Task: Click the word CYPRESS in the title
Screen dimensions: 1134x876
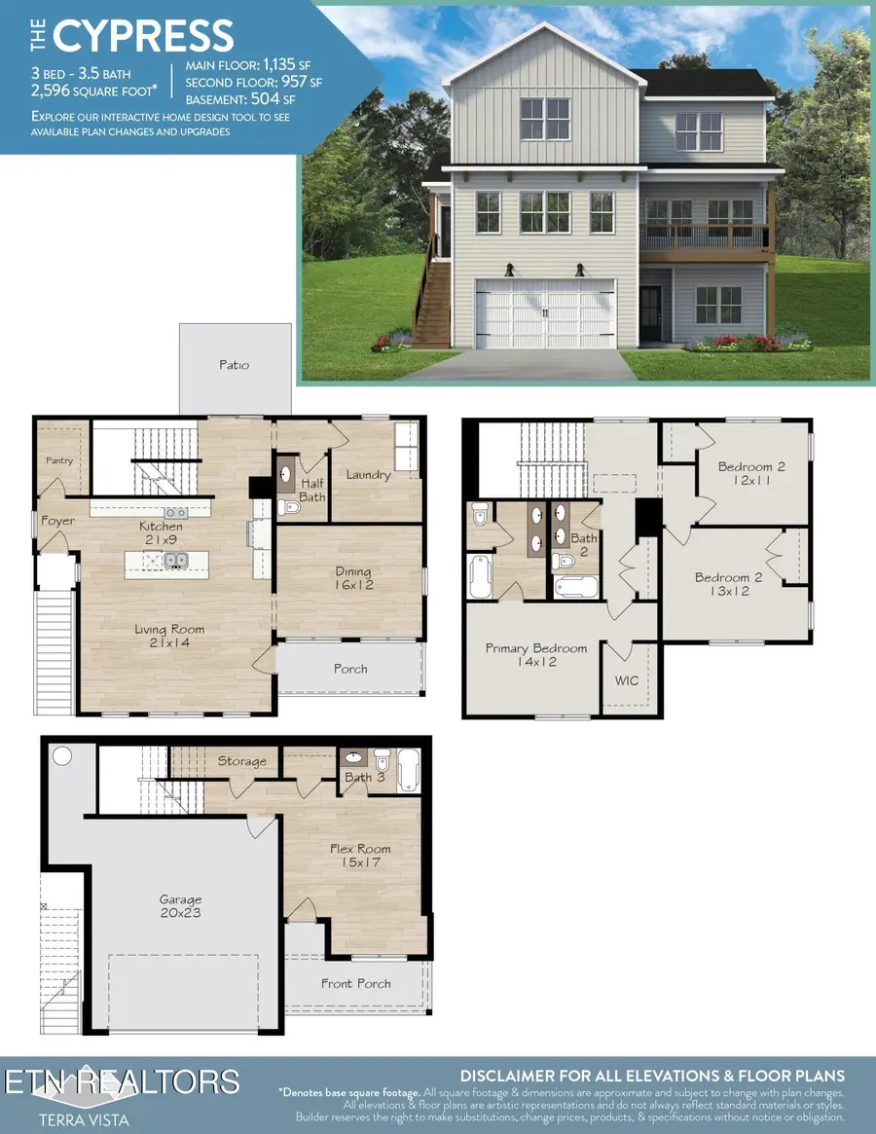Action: pos(144,35)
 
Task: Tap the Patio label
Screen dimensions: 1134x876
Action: pos(235,365)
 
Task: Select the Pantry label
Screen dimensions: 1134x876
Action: pos(59,460)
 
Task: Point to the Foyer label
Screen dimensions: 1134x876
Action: pos(58,522)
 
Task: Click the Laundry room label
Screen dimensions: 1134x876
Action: pos(369,475)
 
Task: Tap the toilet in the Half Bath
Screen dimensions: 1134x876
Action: pos(289,506)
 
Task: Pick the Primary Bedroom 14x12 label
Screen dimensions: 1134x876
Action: pos(536,655)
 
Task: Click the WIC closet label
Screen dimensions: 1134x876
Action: pos(628,680)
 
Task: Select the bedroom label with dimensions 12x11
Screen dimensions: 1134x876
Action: pos(751,474)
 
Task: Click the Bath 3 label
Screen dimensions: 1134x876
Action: pos(366,777)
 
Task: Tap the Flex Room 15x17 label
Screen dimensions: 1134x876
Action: pos(360,856)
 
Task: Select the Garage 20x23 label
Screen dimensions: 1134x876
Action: pos(181,906)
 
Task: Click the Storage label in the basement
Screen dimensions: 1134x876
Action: pos(242,761)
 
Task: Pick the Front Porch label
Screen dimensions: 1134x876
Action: pos(356,984)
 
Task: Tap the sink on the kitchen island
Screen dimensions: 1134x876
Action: pos(176,560)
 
